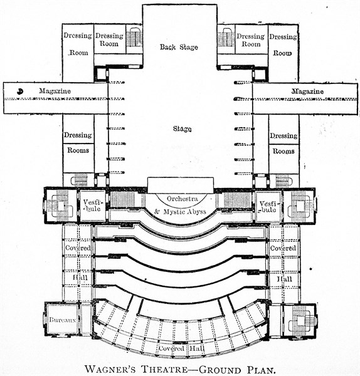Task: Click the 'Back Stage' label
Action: [179, 47]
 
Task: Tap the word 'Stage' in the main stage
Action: [182, 128]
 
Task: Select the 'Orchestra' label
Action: [183, 199]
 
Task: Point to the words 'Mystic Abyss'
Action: [184, 212]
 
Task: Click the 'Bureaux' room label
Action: [62, 320]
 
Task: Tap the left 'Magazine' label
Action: [55, 91]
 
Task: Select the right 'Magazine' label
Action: [307, 91]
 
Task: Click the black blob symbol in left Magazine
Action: [20, 91]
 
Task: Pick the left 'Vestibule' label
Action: [93, 206]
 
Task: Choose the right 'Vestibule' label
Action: [268, 207]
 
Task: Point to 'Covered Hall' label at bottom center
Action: [181, 348]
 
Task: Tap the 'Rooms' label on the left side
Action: [78, 150]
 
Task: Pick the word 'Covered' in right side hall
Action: [283, 248]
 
